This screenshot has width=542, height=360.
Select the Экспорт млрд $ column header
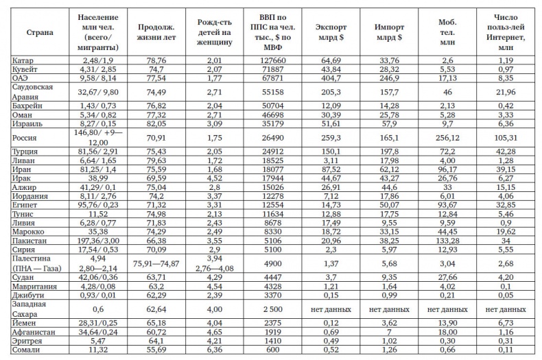[x=331, y=32]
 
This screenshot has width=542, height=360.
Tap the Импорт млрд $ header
[x=389, y=32]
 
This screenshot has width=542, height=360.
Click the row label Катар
[x=23, y=61]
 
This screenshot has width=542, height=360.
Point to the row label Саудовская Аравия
[x=34, y=92]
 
